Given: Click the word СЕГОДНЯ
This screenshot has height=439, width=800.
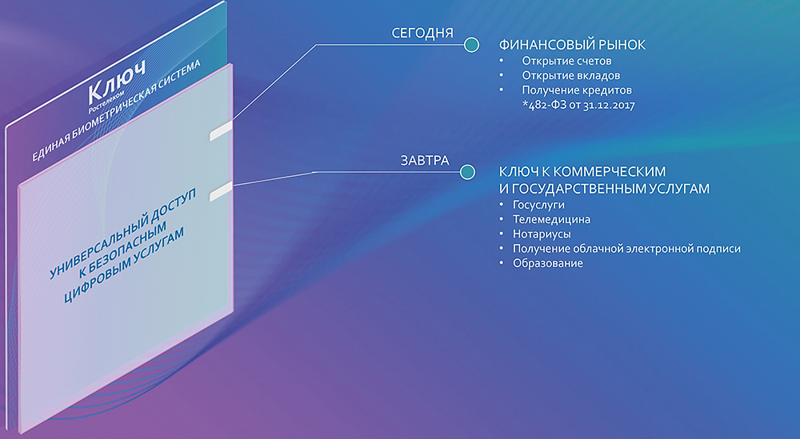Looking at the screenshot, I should (422, 34).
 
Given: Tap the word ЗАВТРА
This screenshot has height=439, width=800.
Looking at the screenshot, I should (425, 161).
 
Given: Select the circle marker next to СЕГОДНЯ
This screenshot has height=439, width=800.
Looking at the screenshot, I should (472, 45).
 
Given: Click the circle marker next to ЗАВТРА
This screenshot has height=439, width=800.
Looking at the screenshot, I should (467, 172).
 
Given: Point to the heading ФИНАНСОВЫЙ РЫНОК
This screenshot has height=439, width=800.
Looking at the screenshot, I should (571, 46).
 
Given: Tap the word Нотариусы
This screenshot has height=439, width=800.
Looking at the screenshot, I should (542, 234).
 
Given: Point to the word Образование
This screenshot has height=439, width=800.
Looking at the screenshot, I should (548, 264).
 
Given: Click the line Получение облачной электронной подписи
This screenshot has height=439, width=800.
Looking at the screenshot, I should (626, 249).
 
